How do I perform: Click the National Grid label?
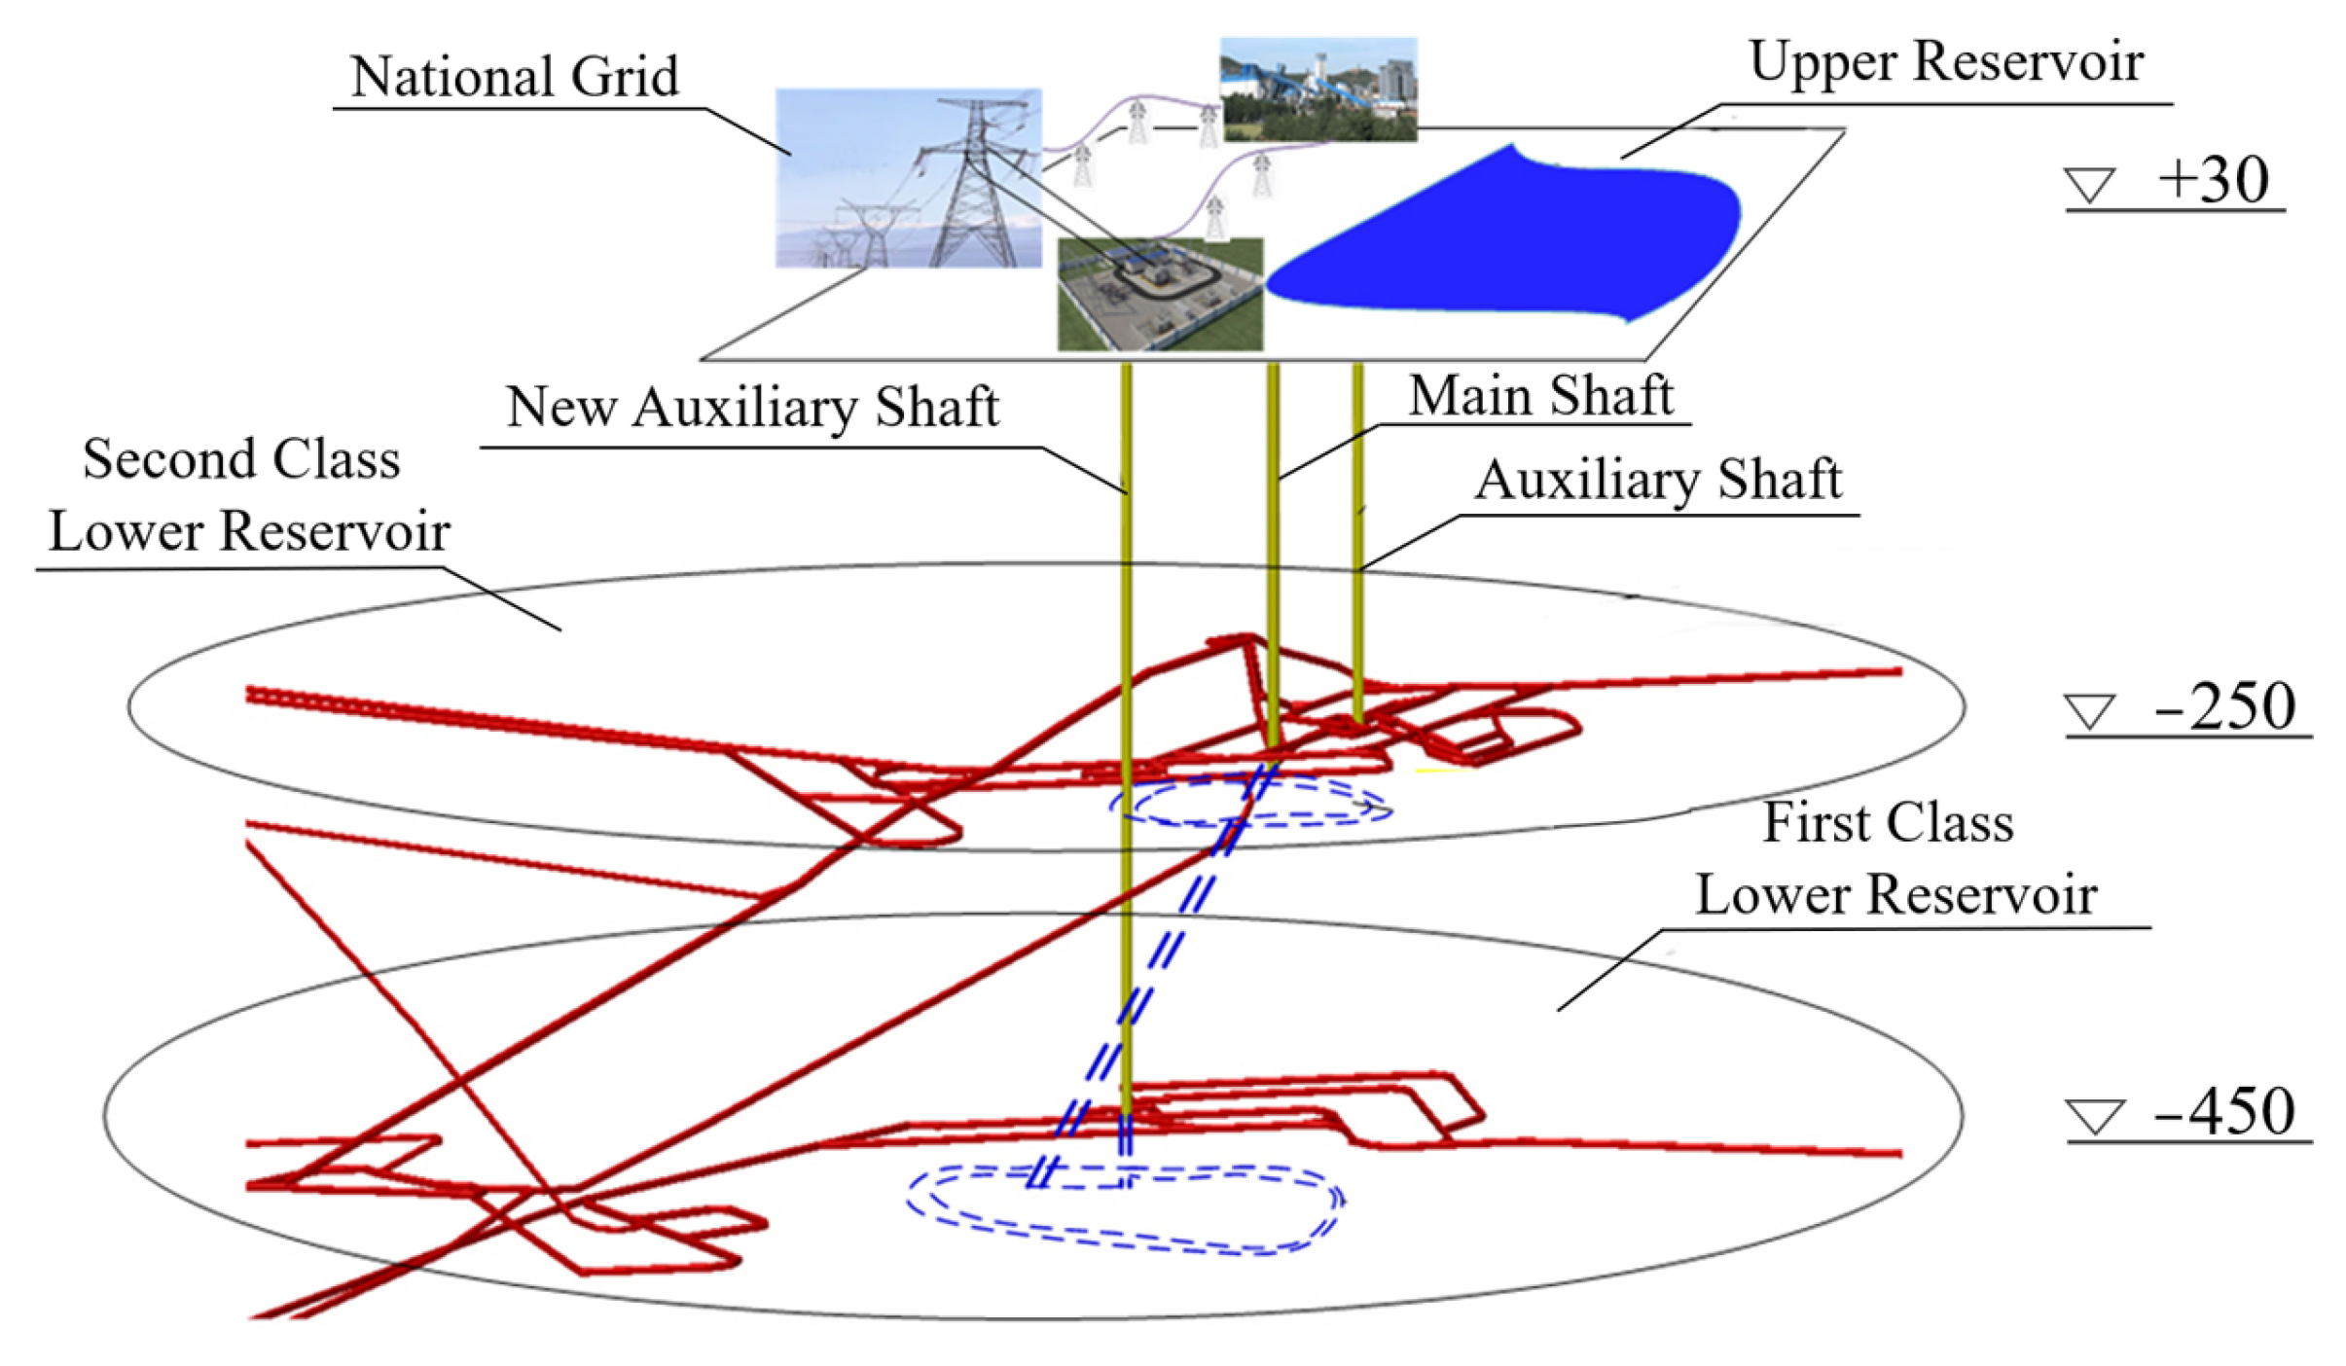514,76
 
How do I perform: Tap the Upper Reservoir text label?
1945,62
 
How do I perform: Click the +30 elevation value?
2213,181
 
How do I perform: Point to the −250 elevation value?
2224,707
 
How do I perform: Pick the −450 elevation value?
2224,1111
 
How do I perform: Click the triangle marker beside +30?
2090,185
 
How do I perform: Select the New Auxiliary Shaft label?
752,407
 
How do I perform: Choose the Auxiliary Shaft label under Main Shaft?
1657,480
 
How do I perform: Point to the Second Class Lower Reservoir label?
243,494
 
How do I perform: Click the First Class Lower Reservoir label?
1893,858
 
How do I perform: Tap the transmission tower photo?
908,178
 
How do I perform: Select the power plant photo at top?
1317,90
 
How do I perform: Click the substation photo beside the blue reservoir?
1160,294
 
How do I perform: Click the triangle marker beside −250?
2090,711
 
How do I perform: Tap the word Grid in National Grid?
624,76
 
